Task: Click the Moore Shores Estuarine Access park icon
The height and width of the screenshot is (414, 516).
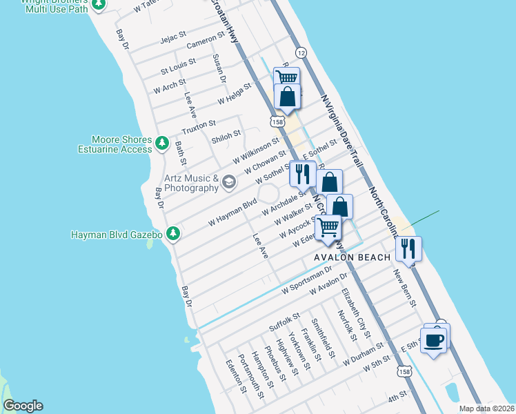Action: click(161, 143)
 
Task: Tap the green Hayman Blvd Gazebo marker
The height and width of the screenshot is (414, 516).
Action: click(173, 235)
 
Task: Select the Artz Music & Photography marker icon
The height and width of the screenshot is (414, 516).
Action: click(229, 182)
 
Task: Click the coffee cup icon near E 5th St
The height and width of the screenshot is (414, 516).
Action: click(434, 340)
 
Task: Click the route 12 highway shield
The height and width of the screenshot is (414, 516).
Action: click(301, 53)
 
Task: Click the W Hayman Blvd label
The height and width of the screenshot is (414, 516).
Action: click(232, 210)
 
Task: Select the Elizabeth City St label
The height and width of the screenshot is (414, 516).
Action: click(357, 313)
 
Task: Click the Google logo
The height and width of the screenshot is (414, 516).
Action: click(23, 406)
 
